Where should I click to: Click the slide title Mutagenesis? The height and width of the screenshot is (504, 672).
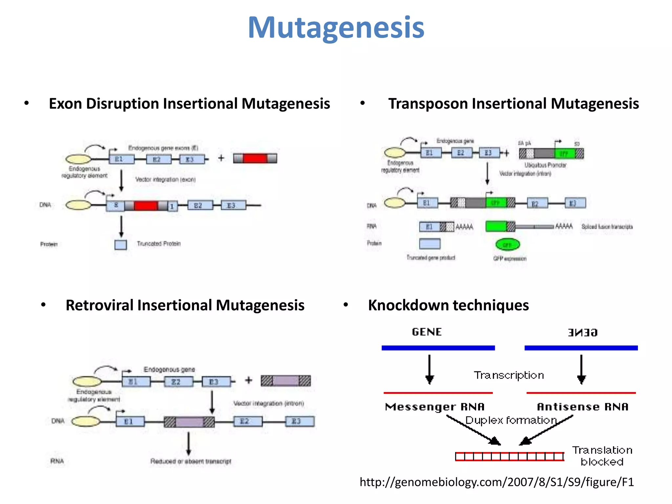coord(336,28)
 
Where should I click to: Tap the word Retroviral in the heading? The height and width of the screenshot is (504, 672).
coord(99,305)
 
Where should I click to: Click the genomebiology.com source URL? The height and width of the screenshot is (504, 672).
coord(496,482)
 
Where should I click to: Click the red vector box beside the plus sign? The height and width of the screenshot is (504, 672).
coord(255,158)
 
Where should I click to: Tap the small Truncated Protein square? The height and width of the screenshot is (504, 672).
coord(120,245)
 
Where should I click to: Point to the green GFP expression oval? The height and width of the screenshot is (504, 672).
coord(507,244)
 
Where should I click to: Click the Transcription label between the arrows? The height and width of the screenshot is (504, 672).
coord(509,375)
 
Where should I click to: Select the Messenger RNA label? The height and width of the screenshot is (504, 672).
coord(434,407)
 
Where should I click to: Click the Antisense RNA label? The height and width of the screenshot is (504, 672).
coord(582,407)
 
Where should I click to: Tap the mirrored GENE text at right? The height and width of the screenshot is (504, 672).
coord(582,332)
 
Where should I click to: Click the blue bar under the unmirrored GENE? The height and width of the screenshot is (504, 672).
coord(438,348)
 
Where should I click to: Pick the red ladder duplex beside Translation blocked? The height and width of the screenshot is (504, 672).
coord(509,456)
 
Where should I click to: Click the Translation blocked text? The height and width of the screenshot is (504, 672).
coord(602,456)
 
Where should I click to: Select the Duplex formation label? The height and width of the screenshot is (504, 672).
coord(511,420)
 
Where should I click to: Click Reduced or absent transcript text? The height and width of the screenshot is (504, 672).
coord(191,461)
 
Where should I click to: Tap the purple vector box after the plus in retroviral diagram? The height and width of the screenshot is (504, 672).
coord(285,381)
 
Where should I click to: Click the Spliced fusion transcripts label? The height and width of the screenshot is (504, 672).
coord(607,227)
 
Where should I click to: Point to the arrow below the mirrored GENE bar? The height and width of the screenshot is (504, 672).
coord(581,369)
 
